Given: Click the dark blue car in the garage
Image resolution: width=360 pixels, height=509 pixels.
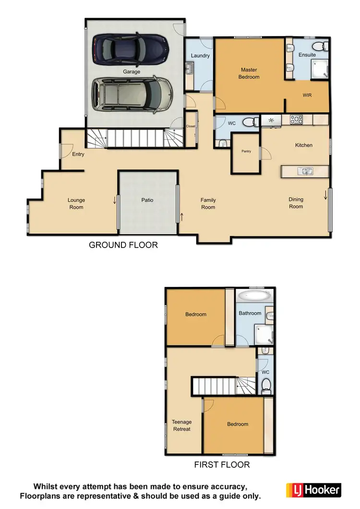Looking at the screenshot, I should coord(131,49).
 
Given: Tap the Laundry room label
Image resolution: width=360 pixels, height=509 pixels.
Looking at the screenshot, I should coord(200,56).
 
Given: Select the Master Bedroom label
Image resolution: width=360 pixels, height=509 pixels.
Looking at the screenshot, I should coord(250,73).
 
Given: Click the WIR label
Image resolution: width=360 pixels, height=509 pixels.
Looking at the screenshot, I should coord(307,95).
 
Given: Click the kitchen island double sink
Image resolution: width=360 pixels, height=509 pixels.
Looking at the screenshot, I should coord(305,171).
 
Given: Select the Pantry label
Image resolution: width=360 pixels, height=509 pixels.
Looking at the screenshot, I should coord(246,152).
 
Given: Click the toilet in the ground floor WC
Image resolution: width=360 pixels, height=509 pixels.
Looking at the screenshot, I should coord(250,123).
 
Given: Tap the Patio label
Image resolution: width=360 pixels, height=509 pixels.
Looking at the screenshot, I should coord(147,200).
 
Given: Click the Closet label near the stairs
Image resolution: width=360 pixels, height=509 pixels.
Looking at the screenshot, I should coord(191,127).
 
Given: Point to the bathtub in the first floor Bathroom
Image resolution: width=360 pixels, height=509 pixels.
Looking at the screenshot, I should coord(253,296).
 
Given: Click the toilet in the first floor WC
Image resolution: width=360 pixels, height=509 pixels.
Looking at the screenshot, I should coord(266,384).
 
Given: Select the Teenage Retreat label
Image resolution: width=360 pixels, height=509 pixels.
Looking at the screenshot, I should coord(181,426).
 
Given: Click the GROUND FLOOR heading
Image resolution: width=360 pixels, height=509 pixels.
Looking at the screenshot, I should coord(123,245).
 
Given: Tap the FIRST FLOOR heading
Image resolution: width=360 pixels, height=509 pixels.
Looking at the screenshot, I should coord(222,464).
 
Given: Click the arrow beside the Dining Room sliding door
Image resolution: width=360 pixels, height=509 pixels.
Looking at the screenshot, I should coord(326,195).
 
